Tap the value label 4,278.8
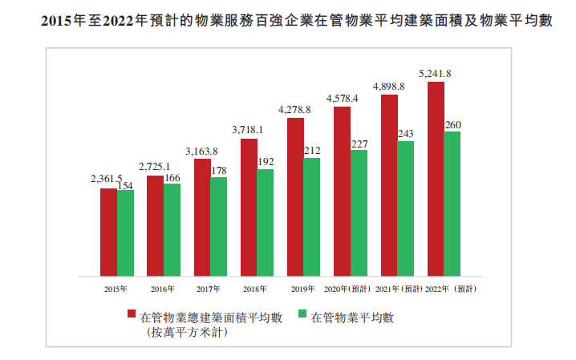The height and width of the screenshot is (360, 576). [x=295, y=110]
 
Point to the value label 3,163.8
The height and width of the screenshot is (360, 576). [x=202, y=151]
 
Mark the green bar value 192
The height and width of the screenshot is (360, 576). [x=266, y=161]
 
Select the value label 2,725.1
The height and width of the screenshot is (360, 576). [x=155, y=167]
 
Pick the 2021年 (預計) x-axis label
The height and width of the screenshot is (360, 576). [x=398, y=288]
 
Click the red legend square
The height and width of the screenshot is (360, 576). [x=131, y=316]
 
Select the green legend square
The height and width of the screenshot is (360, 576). [x=302, y=316]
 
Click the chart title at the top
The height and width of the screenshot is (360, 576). [x=288, y=22]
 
